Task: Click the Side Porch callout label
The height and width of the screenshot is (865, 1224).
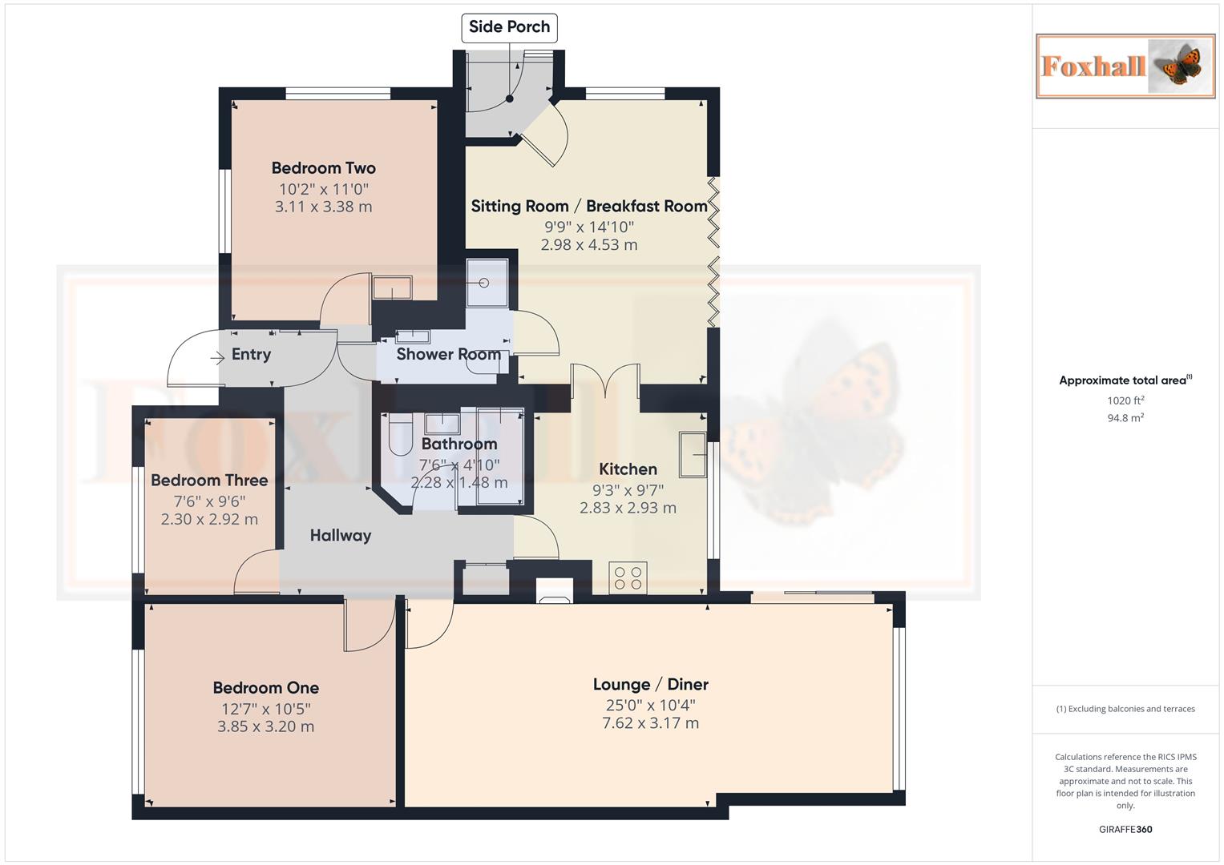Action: [509, 27]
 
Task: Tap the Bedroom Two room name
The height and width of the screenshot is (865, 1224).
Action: [323, 168]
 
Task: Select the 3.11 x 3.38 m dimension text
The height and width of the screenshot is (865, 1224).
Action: [323, 207]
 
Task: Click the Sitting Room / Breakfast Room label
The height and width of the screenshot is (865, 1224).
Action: [589, 206]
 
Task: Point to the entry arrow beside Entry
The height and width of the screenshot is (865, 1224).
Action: [217, 358]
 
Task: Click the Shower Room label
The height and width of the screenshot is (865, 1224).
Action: [448, 354]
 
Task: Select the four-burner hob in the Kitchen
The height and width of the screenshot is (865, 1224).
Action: [628, 577]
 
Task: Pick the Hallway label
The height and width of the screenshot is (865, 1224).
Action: [341, 535]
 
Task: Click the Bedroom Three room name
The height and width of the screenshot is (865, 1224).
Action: [209, 481]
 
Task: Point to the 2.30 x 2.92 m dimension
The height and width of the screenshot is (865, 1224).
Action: [209, 519]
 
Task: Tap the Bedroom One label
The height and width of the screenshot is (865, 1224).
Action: [265, 688]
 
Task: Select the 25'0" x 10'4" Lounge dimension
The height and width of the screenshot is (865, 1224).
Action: [650, 706]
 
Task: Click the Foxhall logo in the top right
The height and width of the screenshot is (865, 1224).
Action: [1125, 66]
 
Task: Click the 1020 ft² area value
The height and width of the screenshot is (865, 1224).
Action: [1125, 400]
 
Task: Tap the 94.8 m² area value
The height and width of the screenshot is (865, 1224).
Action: [1125, 417]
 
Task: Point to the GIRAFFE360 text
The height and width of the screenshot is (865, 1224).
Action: [1125, 829]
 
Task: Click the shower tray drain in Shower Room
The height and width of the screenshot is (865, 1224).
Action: [484, 283]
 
